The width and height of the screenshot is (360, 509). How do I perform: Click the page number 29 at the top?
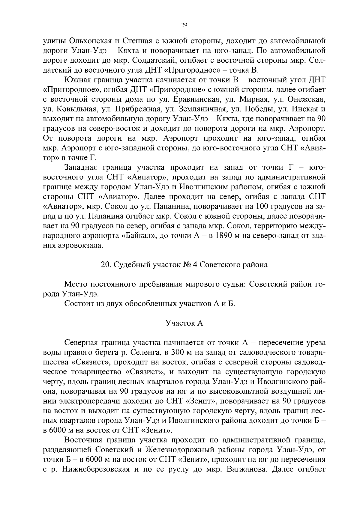tap(184, 25)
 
